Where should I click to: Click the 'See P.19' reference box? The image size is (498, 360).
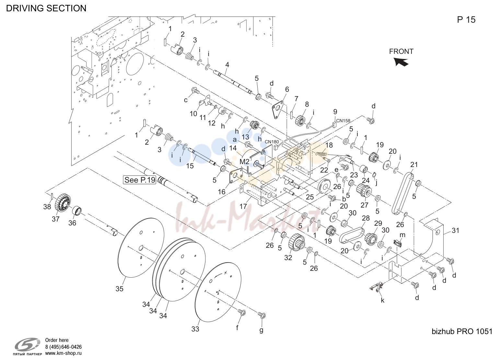[x=140, y=180]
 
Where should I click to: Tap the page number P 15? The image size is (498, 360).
[x=466, y=19]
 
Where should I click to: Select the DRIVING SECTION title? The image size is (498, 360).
[x=46, y=8]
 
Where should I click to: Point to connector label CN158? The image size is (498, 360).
[x=343, y=121]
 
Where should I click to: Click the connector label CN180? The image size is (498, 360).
[x=272, y=142]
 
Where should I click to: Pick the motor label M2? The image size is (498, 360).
[x=244, y=162]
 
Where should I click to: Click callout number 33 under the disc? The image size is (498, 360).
[x=195, y=329]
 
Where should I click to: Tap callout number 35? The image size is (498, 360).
[x=119, y=289]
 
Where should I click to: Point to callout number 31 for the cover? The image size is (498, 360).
[x=456, y=231]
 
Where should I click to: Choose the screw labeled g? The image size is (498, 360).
[x=262, y=315]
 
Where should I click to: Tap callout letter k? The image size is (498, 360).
[x=382, y=300]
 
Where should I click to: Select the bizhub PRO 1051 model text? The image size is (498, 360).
[x=462, y=331]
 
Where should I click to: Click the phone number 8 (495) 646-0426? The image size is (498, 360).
[x=64, y=347]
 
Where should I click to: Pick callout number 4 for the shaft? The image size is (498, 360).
[x=227, y=65]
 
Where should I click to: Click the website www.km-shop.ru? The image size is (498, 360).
[x=64, y=353]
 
